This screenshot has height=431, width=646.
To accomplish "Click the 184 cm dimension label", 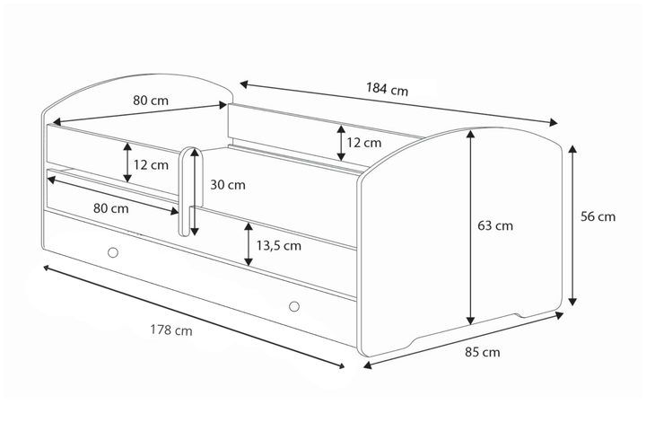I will tap(388, 90).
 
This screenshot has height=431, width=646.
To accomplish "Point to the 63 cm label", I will tap(495, 225).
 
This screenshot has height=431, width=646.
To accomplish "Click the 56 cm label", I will tap(598, 216).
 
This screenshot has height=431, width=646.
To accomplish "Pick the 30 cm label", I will tap(227, 186).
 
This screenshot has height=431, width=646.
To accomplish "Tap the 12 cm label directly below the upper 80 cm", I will tap(151, 164).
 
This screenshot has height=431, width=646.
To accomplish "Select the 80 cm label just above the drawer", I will tap(110, 208).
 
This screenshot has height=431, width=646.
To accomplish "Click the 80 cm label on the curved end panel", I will tap(151, 101).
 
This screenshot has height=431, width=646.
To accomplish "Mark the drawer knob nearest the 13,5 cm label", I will tap(293, 307).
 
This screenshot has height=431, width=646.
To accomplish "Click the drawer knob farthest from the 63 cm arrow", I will tap(112, 252).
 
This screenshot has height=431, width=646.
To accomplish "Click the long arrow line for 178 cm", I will tap(194, 317).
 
